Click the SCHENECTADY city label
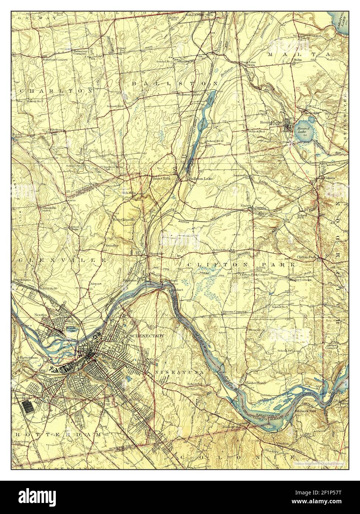point(146,335)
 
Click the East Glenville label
point(124,220)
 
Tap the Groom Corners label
point(234,312)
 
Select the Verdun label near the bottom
point(281,443)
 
